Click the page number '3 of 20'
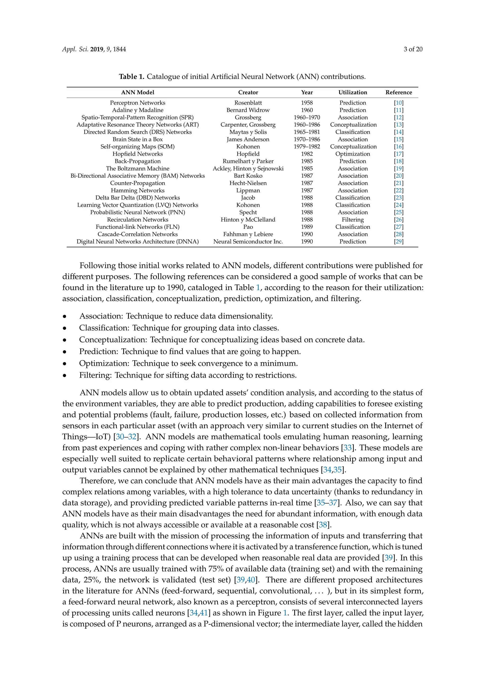coord(413,49)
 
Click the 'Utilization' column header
coord(352,92)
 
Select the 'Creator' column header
coord(248,92)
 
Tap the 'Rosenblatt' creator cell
coord(248,103)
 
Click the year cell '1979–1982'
coord(307,146)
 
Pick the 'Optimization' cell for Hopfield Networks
coord(352,154)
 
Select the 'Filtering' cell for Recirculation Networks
coord(352,220)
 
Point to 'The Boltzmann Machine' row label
coord(137,168)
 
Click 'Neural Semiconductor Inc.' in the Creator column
coord(248,241)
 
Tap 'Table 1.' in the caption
coord(131,77)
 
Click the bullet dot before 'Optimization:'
coord(64,364)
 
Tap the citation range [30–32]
coord(126,437)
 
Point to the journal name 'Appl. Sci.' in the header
coord(75,49)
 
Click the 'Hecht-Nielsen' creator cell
coord(248,183)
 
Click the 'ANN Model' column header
coord(137,92)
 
